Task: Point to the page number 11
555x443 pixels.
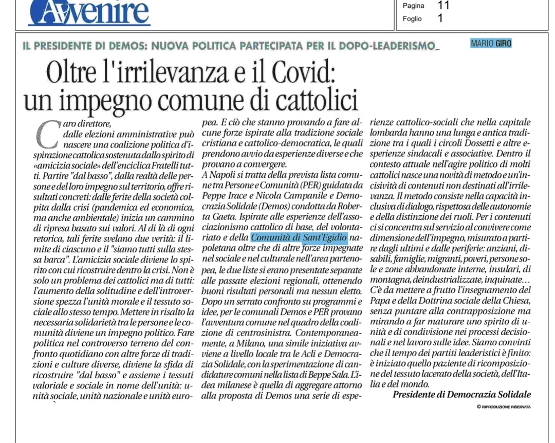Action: tap(443, 6)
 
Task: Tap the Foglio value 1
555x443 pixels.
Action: tap(440, 19)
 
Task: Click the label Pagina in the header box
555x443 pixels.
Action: tap(414, 6)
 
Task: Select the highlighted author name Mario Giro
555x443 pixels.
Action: tap(491, 44)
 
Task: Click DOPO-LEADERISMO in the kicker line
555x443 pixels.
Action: tap(395, 46)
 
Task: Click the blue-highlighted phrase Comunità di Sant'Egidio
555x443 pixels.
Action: tap(300, 238)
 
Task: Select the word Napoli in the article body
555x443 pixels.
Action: tap(221, 175)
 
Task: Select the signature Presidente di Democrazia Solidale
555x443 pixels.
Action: tap(461, 394)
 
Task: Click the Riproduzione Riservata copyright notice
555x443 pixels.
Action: tap(504, 407)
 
